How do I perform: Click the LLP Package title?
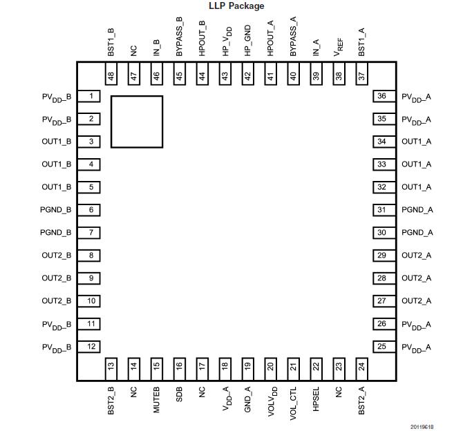[x=236, y=6]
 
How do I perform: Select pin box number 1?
[x=91, y=96]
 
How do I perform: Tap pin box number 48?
[x=111, y=74]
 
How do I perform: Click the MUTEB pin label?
[x=156, y=400]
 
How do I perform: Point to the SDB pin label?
[x=179, y=396]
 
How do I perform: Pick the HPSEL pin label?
[x=316, y=400]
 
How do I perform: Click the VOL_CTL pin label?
[x=293, y=402]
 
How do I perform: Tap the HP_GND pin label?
[x=247, y=43]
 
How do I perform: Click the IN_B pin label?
[x=156, y=47]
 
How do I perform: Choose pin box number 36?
[x=381, y=96]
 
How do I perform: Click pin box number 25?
[x=381, y=347]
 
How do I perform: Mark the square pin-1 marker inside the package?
[x=137, y=122]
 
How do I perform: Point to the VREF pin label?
[x=339, y=46]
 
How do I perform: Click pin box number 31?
[x=381, y=210]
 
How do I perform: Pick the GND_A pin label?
[x=247, y=399]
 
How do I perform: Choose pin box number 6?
[x=91, y=210]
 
